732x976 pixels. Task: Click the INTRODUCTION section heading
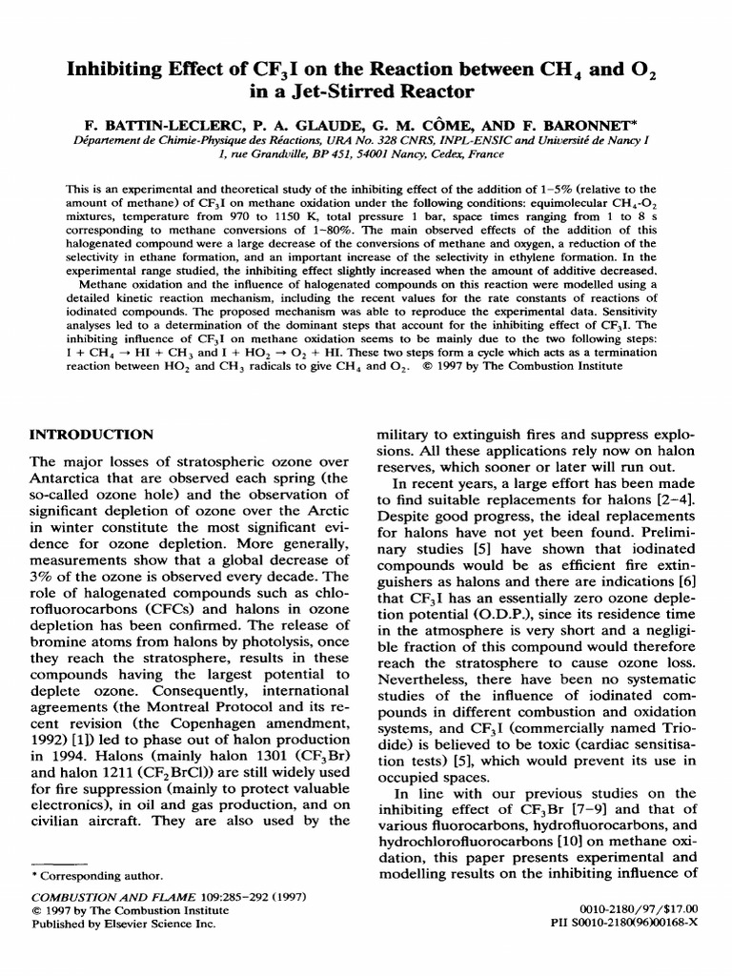coord(92,435)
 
